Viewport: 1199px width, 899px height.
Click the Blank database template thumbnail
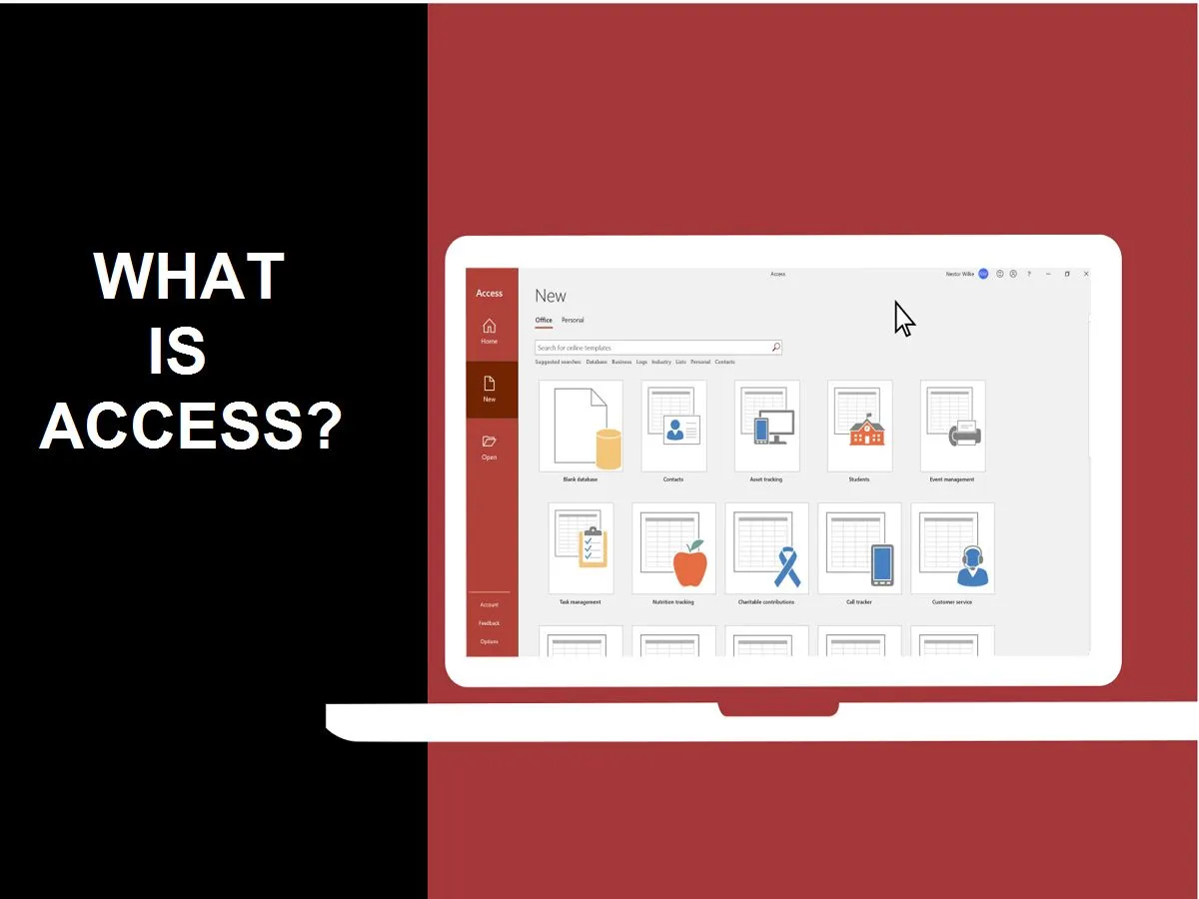[x=581, y=426]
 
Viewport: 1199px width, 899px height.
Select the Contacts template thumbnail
[x=673, y=426]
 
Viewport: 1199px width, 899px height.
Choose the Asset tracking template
[x=766, y=426]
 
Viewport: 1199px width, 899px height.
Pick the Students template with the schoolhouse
[x=859, y=426]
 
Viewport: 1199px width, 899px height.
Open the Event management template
[x=952, y=426]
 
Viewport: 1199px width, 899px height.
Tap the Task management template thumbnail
[x=590, y=548]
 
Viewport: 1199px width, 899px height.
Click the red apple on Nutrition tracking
[x=689, y=564]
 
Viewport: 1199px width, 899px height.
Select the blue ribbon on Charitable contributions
[x=787, y=566]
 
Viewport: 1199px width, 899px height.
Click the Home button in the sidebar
[x=489, y=330]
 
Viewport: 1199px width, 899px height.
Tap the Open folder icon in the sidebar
[x=489, y=442]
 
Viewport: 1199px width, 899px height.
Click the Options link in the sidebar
[x=489, y=641]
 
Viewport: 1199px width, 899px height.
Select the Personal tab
[x=573, y=321]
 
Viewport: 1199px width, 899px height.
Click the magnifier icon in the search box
[x=775, y=348]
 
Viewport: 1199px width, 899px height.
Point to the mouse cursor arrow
[x=903, y=318]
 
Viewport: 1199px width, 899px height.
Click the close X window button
[x=1086, y=274]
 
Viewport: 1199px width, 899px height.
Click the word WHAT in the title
[x=189, y=278]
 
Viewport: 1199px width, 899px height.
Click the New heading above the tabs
[x=551, y=296]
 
